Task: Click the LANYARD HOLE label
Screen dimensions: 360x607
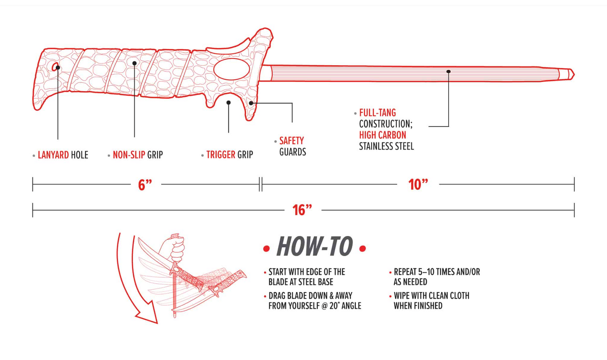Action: pos(63,155)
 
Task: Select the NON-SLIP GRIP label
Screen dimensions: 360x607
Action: pos(137,155)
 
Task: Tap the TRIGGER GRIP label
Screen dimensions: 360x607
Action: pos(229,155)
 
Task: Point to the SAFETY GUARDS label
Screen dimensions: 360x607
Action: pos(292,146)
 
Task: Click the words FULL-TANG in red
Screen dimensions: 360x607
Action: pos(377,113)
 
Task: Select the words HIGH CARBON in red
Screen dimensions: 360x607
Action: pos(382,135)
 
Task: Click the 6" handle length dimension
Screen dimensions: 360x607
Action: pos(145,184)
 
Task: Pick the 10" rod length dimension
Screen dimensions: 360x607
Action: pos(418,184)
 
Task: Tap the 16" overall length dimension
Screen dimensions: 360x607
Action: pos(302,210)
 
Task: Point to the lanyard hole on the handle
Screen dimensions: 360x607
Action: pos(55,66)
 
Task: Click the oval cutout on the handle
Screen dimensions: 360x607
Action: pos(232,69)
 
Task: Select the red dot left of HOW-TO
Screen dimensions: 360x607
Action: pos(266,249)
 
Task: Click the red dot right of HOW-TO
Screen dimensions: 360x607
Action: pos(363,249)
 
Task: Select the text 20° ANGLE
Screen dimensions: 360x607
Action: pos(345,306)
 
